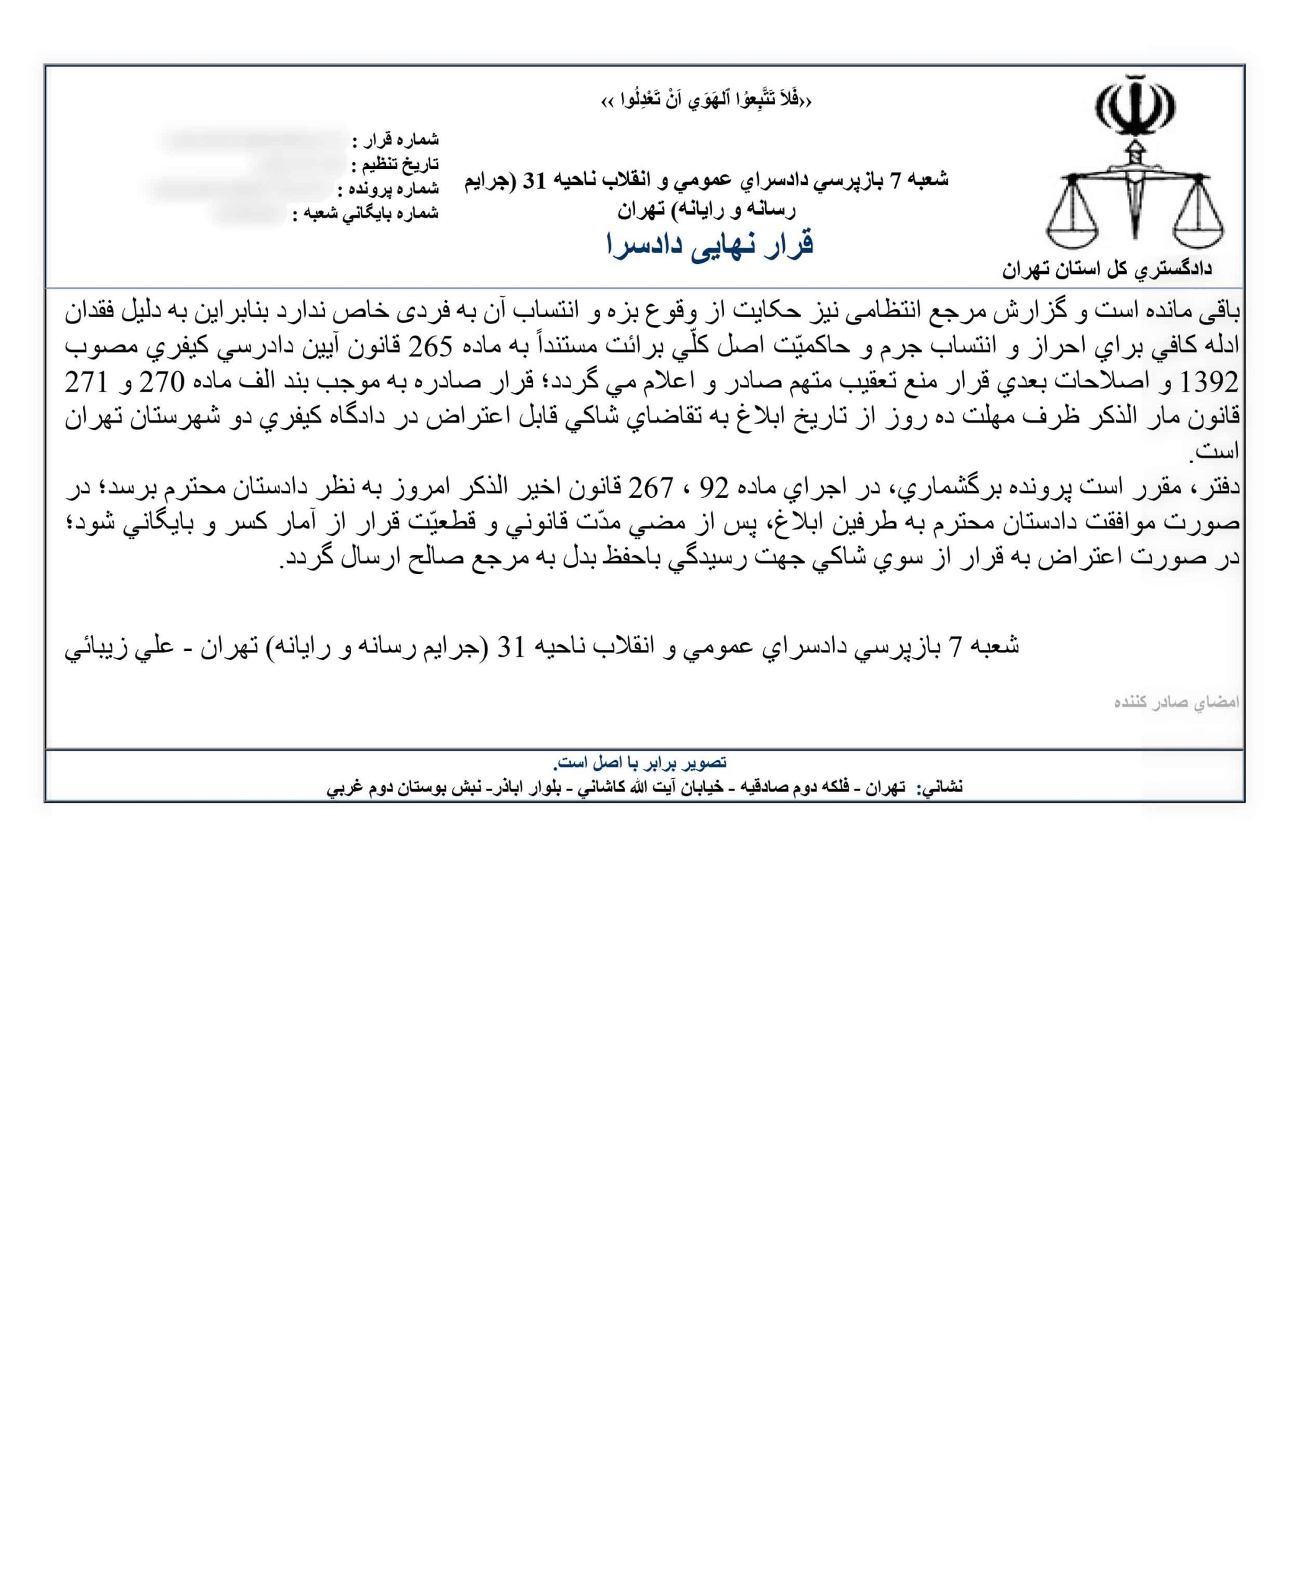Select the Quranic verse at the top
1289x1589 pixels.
705,100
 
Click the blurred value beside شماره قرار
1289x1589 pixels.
253,140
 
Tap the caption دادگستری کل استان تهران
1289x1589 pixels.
1106,270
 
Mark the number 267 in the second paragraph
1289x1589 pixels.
651,488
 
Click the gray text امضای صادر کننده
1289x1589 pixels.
1176,702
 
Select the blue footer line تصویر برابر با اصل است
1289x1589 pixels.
640,762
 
